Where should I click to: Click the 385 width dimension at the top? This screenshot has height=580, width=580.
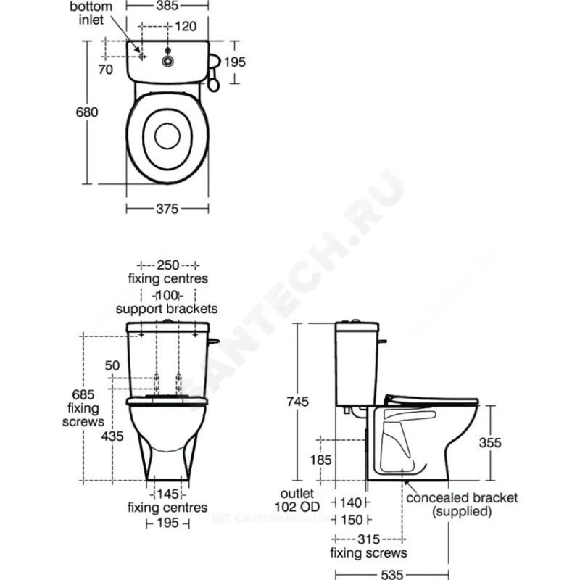tap(167, 6)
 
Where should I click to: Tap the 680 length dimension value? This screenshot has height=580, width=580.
tap(87, 112)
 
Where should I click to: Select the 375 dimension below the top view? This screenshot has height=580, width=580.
tap(167, 209)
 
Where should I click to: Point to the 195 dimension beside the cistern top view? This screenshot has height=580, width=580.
tap(234, 62)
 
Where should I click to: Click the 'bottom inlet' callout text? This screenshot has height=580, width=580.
tap(91, 13)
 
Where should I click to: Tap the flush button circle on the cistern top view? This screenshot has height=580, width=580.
tap(168, 61)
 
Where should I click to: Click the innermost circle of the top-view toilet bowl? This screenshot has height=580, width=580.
tap(167, 136)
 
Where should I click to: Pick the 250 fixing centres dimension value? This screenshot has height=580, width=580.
tap(168, 265)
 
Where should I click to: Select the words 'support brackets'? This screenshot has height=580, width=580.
tap(167, 309)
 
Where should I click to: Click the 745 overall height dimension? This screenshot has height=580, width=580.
tap(297, 402)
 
